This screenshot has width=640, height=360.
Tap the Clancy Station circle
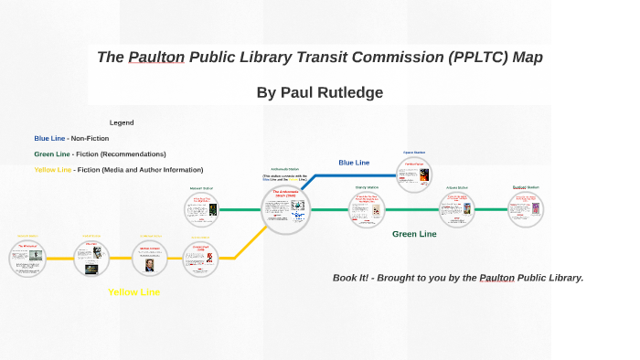coord(367,209)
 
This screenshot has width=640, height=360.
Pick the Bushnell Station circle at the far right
coord(526,208)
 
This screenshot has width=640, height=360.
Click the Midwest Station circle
coord(201,209)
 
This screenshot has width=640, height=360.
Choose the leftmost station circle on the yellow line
coord(27,258)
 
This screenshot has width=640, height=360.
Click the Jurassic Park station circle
coord(200,259)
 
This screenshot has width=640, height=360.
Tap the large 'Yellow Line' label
coord(133,292)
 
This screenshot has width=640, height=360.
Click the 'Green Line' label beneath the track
coord(414,234)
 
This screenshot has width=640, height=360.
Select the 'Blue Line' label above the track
coord(354,163)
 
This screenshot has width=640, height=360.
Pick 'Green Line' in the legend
coord(52,154)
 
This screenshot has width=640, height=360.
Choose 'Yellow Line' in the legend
coord(52,169)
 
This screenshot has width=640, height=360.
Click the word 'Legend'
coord(122,122)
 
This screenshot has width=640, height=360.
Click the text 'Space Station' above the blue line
coord(414,153)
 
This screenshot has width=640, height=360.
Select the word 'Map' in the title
coord(528,58)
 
